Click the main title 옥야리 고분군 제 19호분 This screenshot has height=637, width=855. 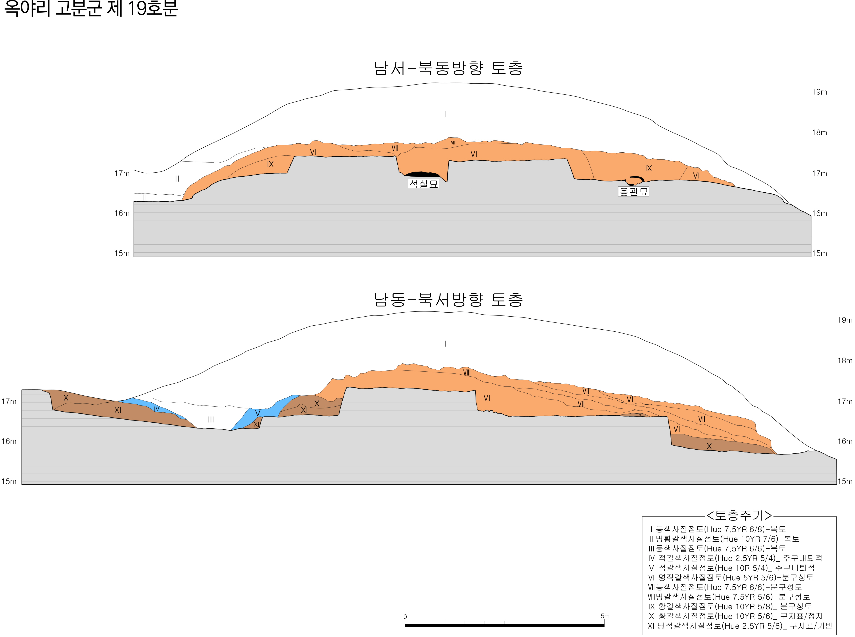(91, 8)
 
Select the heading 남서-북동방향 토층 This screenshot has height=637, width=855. (448, 68)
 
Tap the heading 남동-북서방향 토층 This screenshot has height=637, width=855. (448, 300)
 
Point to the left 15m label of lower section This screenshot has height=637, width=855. (9, 481)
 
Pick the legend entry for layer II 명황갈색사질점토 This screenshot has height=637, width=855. (724, 539)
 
